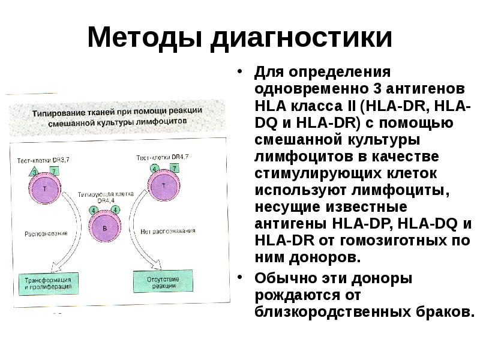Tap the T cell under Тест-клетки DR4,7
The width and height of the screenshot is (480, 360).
[163, 188]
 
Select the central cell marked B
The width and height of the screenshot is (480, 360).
[106, 229]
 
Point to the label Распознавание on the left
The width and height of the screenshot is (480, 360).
[45, 233]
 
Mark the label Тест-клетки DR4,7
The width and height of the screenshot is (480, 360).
[162, 157]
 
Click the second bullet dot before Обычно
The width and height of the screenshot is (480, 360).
[239, 278]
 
